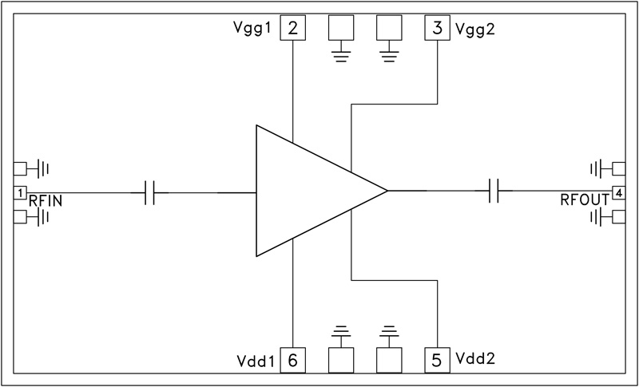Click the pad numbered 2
tap(293, 30)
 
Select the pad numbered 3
tap(437, 30)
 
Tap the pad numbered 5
tap(437, 361)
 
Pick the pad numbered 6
tap(293, 361)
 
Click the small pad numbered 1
tap(20, 192)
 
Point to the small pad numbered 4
tap(618, 192)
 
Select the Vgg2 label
tap(474, 30)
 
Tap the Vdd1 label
tap(256, 361)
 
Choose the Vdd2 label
tap(474, 359)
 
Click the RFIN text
tap(46, 200)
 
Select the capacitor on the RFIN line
tap(149, 192)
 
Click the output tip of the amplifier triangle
tap(386, 192)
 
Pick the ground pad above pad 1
tap(21, 168)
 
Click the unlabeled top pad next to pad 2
tap(342, 30)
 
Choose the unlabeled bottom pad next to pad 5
tap(389, 361)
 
